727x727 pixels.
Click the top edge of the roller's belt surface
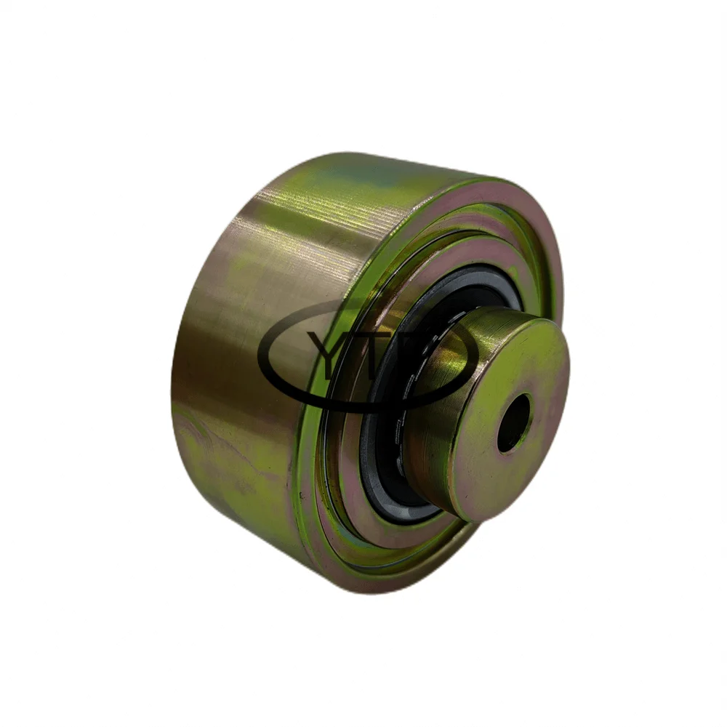pyautogui.click(x=334, y=156)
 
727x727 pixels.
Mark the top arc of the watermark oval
pyautogui.click(x=363, y=300)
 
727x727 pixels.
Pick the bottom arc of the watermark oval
pyautogui.click(x=363, y=409)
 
